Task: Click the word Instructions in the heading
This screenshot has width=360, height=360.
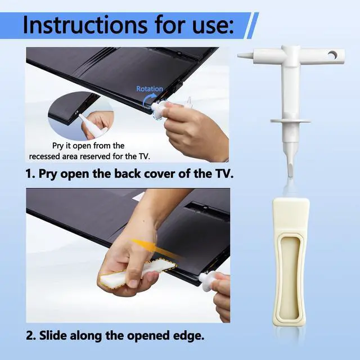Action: coord(85,25)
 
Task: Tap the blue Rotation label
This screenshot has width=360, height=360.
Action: coord(150,89)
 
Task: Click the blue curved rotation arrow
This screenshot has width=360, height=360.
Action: coord(148,101)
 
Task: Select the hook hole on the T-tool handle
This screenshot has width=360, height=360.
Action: coord(332,55)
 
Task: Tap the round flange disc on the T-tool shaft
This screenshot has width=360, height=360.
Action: coord(290,121)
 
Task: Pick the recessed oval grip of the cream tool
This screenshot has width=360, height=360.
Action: coord(291,276)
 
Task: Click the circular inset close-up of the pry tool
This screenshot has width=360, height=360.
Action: coord(81,116)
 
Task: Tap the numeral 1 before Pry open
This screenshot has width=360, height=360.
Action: coord(30,174)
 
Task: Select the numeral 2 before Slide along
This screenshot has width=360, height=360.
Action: coord(30,336)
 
